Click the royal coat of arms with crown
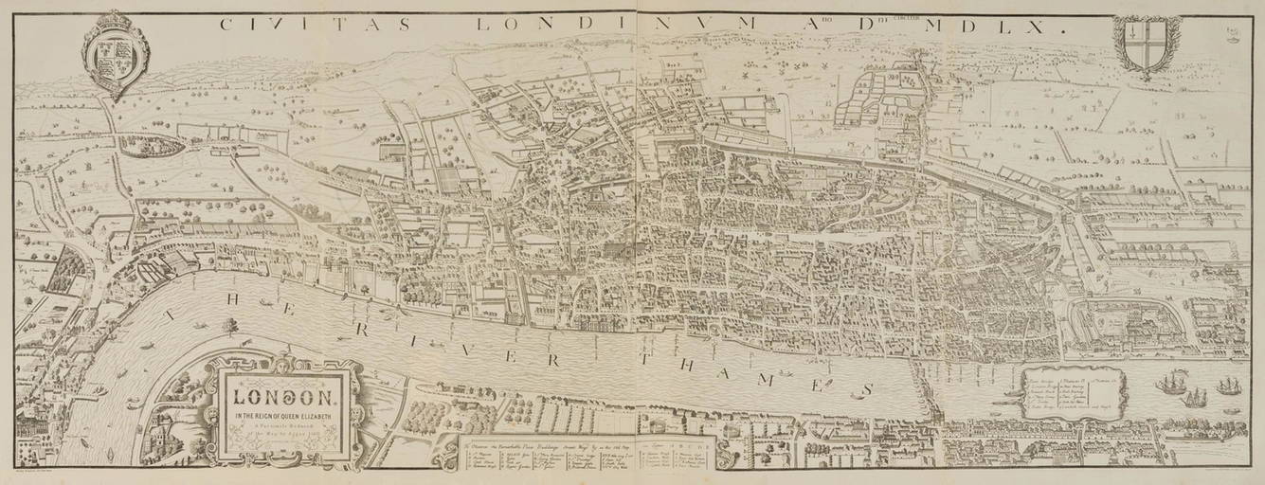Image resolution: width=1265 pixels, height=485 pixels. point(117,54)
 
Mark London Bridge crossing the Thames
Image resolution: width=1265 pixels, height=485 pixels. point(919,388)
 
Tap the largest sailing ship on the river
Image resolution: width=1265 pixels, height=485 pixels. point(1171,385)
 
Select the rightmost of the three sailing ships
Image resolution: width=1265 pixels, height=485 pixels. point(1228,386)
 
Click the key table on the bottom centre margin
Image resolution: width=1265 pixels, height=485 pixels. point(587,456)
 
